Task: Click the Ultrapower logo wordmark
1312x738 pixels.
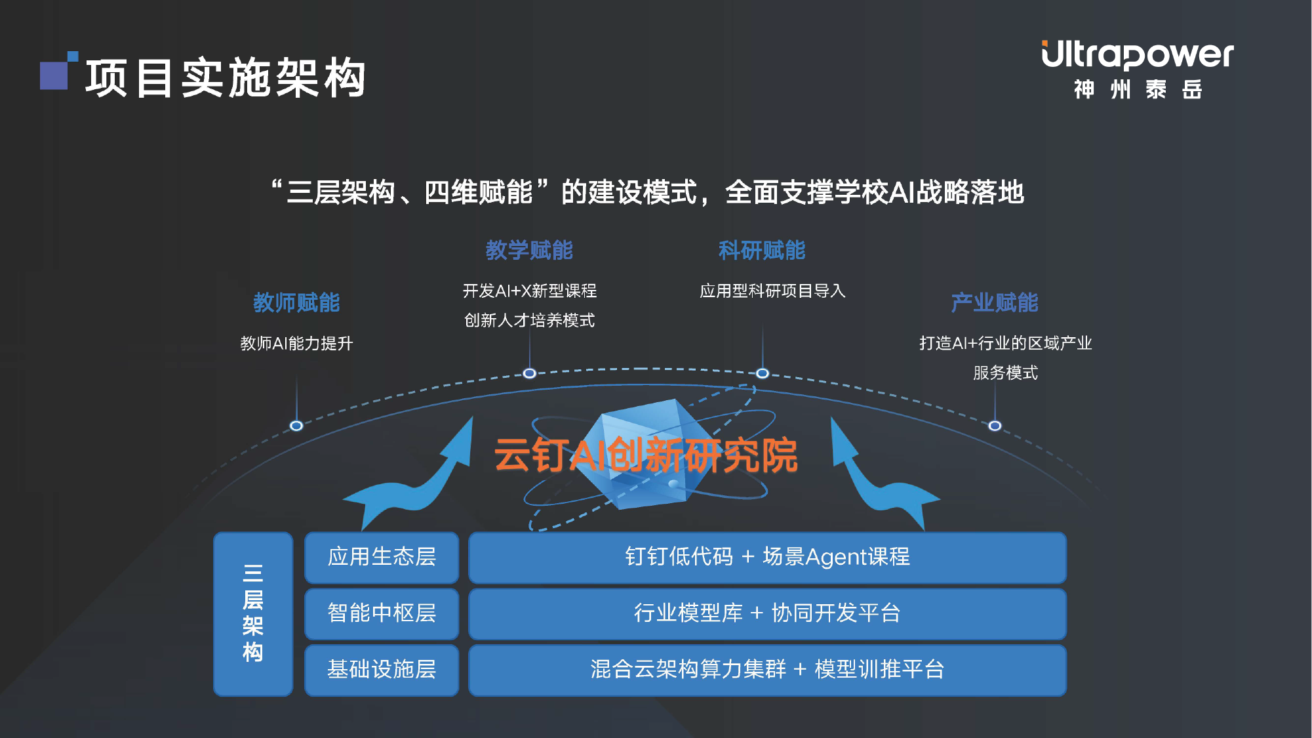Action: [1138, 55]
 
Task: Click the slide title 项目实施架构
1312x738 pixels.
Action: [226, 78]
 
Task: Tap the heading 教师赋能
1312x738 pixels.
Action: [296, 302]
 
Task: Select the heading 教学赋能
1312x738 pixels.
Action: [529, 250]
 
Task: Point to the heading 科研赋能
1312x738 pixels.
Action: [762, 250]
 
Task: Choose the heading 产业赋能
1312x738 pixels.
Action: [995, 302]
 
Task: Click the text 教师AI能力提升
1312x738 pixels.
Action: [296, 343]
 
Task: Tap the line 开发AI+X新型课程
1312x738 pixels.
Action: [530, 291]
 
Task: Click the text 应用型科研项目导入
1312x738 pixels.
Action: [772, 291]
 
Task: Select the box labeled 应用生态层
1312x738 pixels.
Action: [382, 558]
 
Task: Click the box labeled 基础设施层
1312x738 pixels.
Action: [382, 670]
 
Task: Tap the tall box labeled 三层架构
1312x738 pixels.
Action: [253, 614]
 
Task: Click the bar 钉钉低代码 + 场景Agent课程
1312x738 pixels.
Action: [767, 558]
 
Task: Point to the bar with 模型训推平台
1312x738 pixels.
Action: [767, 670]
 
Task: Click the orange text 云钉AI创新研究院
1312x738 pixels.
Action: [646, 455]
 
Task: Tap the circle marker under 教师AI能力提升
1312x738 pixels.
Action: [296, 426]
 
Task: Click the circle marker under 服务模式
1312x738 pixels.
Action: [995, 426]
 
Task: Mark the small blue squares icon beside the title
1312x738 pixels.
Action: [59, 70]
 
